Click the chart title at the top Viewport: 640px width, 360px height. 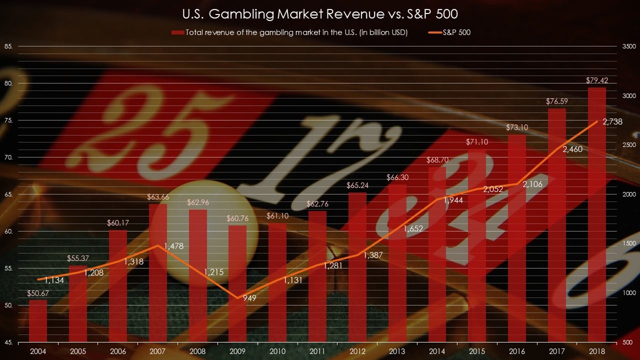[x=320, y=13]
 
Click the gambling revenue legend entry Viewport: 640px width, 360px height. [x=290, y=32]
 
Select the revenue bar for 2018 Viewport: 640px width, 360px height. [x=597, y=215]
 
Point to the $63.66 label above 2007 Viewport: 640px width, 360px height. [x=158, y=196]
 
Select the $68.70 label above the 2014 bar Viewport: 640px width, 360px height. [x=437, y=160]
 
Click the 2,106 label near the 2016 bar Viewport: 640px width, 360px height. [x=532, y=184]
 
